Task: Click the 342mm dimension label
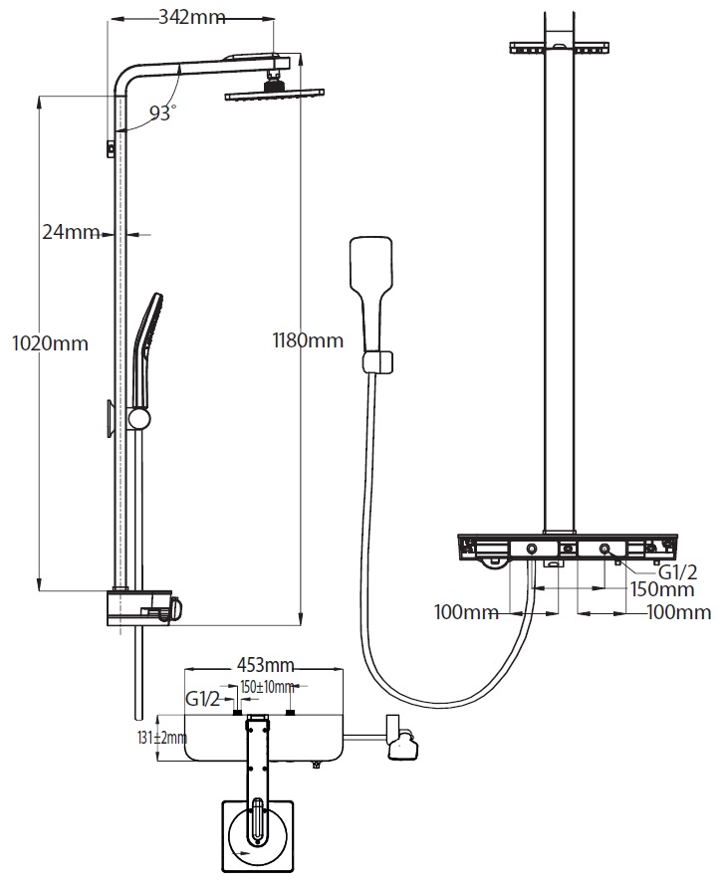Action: pos(193,18)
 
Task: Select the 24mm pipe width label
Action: pos(71,233)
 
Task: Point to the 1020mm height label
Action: pos(49,343)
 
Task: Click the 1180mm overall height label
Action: pos(308,340)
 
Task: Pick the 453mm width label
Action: pos(265,665)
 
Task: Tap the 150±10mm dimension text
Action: pos(268,687)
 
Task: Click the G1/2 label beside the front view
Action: pos(678,572)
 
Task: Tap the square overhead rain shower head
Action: pos(274,95)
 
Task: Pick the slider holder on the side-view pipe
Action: pos(140,417)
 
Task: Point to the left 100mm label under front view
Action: pos(466,612)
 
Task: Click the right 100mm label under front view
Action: pos(679,612)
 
